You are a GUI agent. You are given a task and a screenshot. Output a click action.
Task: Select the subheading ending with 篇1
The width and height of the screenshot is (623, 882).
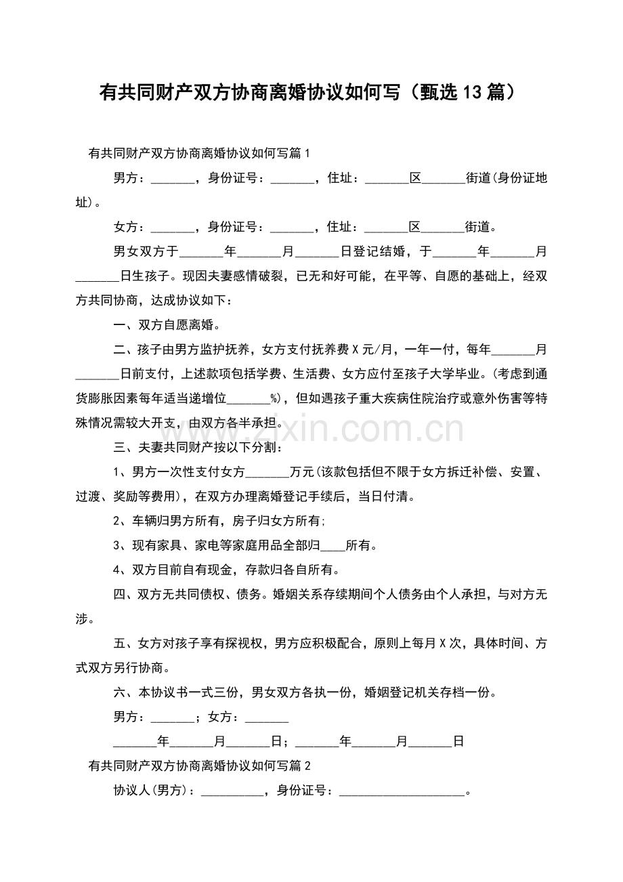coord(199,154)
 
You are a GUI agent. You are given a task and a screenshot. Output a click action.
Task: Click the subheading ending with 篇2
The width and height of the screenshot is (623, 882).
coord(199,766)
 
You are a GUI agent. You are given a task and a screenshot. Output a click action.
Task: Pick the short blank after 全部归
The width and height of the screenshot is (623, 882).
coord(332,546)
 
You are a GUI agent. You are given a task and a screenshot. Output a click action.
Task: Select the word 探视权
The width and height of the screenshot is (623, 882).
coord(249,644)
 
